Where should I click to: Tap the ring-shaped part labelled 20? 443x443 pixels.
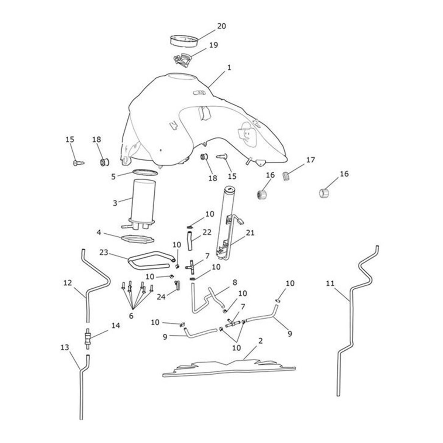point(184,40)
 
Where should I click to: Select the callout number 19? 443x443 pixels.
point(213,45)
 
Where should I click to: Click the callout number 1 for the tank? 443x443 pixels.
point(229,68)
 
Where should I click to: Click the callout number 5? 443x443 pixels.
point(113,176)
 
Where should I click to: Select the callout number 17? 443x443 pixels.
point(310,160)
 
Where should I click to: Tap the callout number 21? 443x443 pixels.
point(251,233)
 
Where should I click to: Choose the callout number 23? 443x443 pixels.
point(104,253)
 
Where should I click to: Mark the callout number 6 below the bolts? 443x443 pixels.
point(131,316)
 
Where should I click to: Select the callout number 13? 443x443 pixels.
point(65,347)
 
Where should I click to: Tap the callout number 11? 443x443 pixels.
point(330,284)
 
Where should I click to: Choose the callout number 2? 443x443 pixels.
point(260,340)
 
